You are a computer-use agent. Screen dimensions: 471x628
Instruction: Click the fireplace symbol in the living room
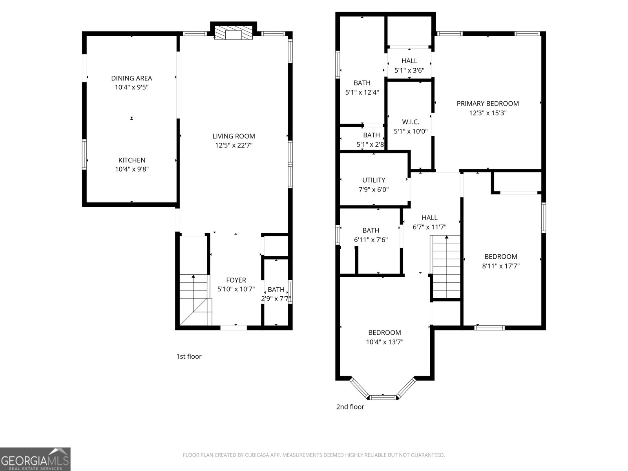234,33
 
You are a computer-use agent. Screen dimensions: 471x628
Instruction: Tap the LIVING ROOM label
234,136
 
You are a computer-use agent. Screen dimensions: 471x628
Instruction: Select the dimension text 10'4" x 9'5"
131,88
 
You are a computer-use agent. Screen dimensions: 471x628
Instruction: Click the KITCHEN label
132,160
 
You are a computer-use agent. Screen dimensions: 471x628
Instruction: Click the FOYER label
236,280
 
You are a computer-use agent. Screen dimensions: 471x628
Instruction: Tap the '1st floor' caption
189,356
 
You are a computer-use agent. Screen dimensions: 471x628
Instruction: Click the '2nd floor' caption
350,407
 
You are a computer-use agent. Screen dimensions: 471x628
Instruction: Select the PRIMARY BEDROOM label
487,104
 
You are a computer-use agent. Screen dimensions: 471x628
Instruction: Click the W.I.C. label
411,122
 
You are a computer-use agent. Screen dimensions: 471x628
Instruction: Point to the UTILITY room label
374,180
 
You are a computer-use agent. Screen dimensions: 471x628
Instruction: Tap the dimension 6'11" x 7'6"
371,239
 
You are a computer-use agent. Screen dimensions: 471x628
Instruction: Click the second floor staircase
446,267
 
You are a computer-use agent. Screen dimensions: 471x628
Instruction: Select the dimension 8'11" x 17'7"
501,266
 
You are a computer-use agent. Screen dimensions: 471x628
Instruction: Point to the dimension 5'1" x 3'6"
409,71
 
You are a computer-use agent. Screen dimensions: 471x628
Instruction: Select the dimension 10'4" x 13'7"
385,342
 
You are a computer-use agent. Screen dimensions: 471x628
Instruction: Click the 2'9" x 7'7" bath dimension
276,299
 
